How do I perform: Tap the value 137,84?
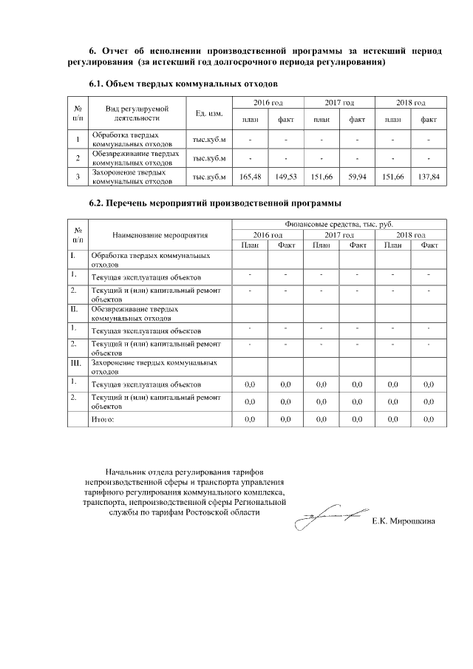(x=428, y=177)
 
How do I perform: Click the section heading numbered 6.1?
(x=183, y=84)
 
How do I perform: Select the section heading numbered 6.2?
(x=215, y=203)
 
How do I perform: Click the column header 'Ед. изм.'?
(x=209, y=113)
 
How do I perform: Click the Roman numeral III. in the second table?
(x=75, y=364)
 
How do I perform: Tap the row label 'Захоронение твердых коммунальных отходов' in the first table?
(x=133, y=176)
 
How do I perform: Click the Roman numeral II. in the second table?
(x=74, y=309)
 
